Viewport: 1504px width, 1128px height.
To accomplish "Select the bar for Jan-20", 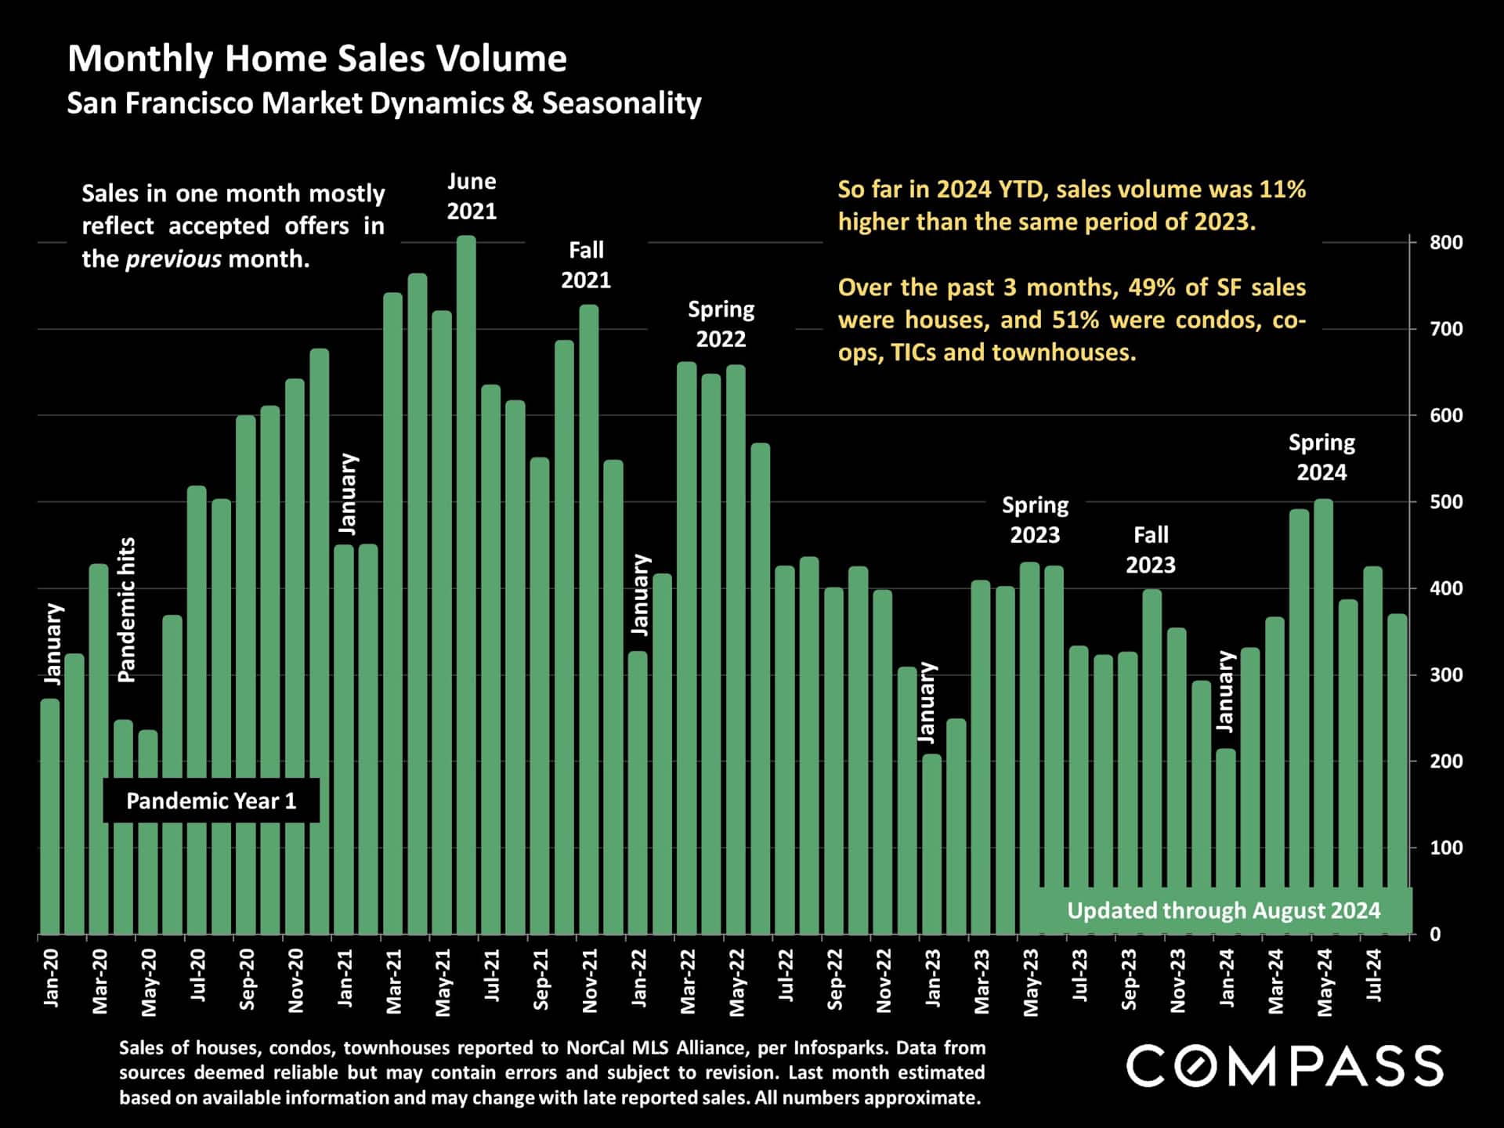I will click(x=50, y=815).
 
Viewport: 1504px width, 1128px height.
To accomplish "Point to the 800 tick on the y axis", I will click(x=1445, y=243).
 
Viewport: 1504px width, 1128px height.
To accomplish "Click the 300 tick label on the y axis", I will click(x=1445, y=675).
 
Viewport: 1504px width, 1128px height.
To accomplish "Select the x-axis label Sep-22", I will click(x=835, y=979).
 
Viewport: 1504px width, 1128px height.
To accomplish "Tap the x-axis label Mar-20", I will click(x=100, y=981).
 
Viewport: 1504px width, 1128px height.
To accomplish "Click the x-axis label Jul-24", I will click(x=1373, y=975).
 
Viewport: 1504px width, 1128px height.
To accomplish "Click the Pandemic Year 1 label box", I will click(x=211, y=801).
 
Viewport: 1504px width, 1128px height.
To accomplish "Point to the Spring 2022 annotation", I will click(x=721, y=324).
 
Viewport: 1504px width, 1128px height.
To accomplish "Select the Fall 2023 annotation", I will click(x=1150, y=550).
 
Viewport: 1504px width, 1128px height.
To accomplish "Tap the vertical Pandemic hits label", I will click(x=126, y=609).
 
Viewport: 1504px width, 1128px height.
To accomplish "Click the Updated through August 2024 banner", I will click(x=1223, y=910).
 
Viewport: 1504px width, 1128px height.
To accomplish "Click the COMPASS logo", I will click(x=1284, y=1066).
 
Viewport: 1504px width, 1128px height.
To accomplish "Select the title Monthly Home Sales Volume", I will click(x=317, y=59).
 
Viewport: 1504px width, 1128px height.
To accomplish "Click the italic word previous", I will click(x=173, y=259).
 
